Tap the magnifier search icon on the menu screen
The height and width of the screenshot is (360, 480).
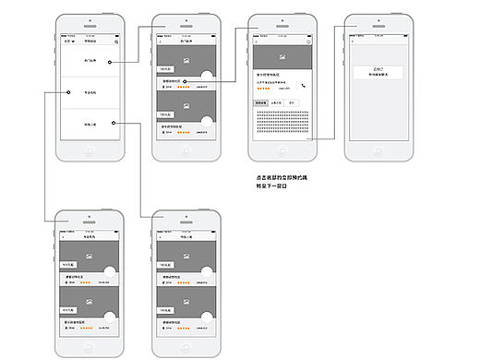[x=116, y=42]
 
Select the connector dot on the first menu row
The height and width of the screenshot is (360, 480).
[x=109, y=62]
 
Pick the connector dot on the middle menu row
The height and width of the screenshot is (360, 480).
[x=69, y=92]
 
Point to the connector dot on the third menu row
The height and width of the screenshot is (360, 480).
[x=111, y=123]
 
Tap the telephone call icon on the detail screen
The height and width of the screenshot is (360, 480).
[x=303, y=85]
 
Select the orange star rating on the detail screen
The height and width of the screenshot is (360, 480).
[x=263, y=90]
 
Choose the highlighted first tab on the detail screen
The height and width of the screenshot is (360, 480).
[x=261, y=102]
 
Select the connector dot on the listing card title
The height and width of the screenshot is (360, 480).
[x=186, y=81]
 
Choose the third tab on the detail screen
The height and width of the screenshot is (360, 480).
[x=291, y=102]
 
